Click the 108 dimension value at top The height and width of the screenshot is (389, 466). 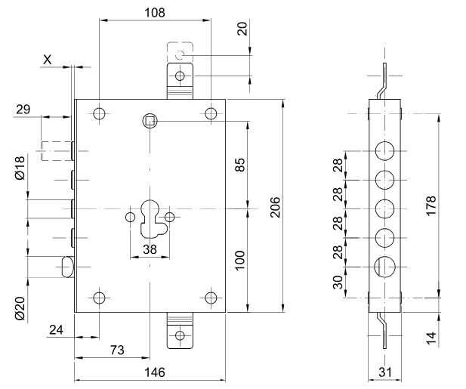[154, 13]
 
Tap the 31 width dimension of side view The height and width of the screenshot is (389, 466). [384, 373]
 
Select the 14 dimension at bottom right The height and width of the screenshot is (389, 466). [431, 336]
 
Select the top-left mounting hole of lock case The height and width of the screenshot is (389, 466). [99, 114]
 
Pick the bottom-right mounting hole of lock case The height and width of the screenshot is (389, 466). [211, 298]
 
